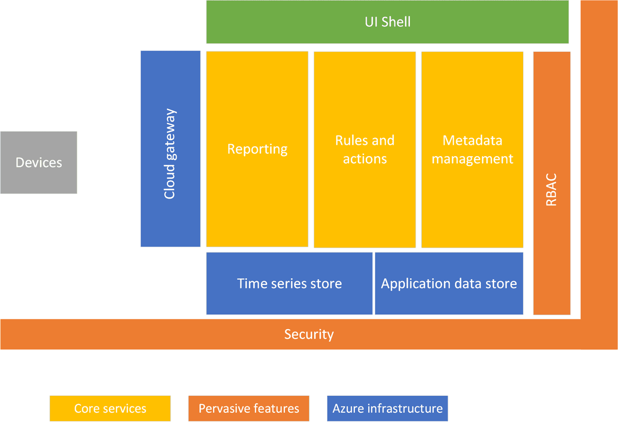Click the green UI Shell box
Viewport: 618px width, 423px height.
387,22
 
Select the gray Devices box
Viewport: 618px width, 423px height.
39,163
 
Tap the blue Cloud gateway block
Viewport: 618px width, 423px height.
170,149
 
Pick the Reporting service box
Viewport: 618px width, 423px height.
257,149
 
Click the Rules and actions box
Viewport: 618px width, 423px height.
365,149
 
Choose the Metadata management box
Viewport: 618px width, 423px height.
472,149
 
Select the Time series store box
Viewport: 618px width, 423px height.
289,283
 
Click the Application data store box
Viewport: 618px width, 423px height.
449,283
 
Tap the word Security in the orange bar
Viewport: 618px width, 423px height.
309,334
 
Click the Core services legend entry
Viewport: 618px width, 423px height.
110,409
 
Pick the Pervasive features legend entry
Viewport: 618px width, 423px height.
249,409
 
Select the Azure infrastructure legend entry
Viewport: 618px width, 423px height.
387,409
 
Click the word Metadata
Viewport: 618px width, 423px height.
472,141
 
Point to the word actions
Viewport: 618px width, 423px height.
365,159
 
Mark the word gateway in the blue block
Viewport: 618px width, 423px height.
170,134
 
